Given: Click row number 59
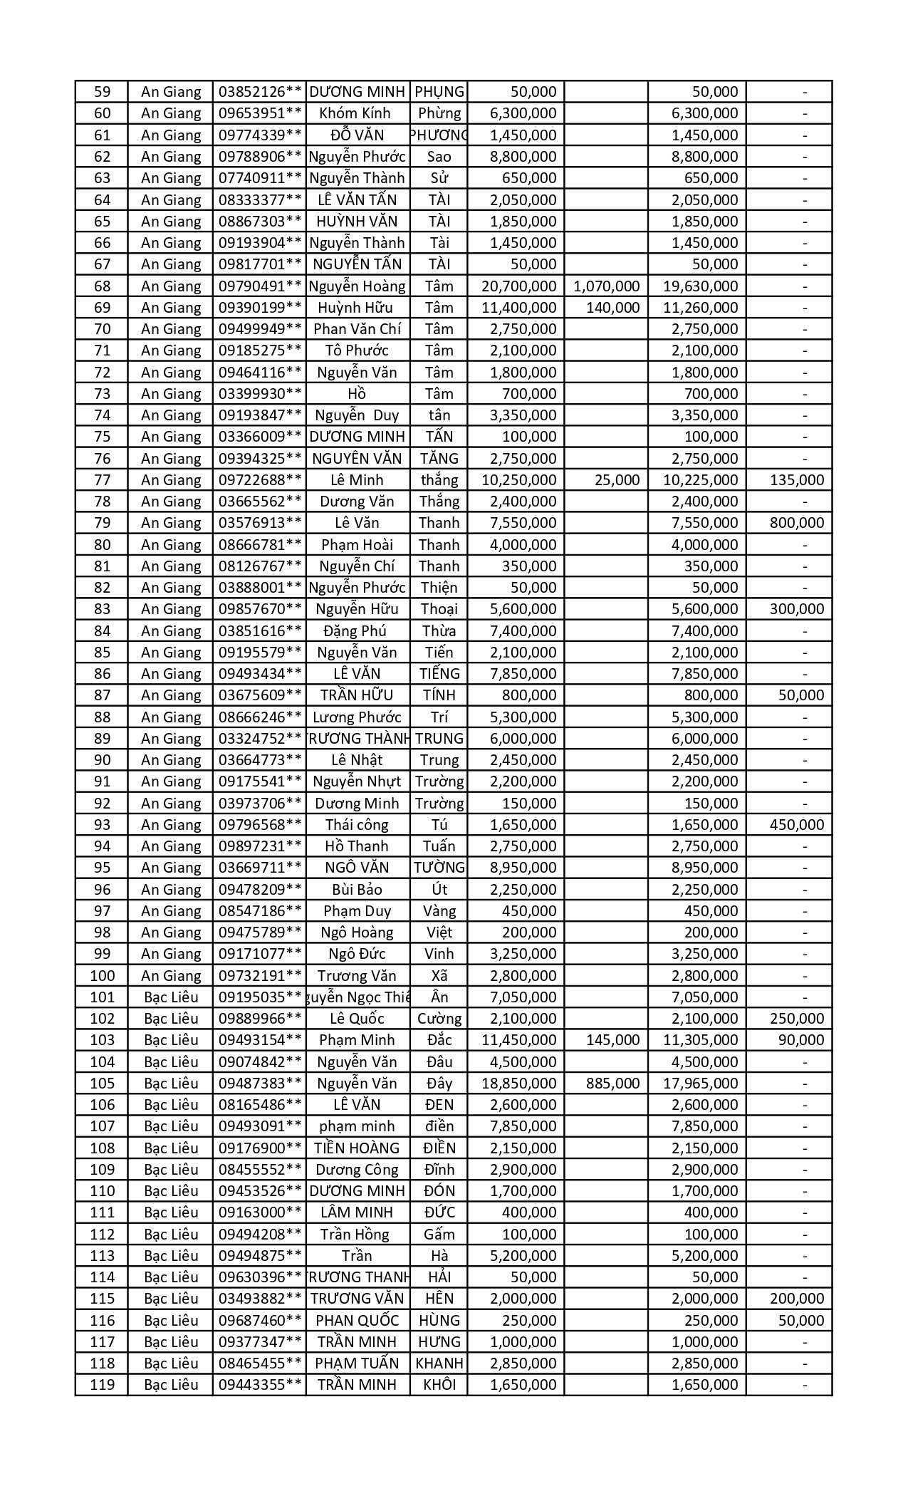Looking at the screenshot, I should pyautogui.click(x=102, y=92).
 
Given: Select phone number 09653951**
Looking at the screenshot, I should pyautogui.click(x=260, y=113).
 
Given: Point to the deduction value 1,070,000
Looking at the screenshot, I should pyautogui.click(x=606, y=286).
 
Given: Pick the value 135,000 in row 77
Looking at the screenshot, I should pyautogui.click(x=797, y=480).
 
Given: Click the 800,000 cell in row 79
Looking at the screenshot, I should pyautogui.click(x=797, y=523).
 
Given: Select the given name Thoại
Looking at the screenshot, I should pyautogui.click(x=439, y=609).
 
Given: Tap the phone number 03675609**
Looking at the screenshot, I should pyautogui.click(x=260, y=695).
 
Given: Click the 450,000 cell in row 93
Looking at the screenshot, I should pyautogui.click(x=797, y=825).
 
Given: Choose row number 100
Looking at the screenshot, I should pyautogui.click(x=102, y=976).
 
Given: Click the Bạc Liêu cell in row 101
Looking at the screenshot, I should pyautogui.click(x=171, y=997).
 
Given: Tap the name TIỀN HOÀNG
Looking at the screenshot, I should pyautogui.click(x=357, y=1148).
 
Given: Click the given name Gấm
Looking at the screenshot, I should pyautogui.click(x=439, y=1235).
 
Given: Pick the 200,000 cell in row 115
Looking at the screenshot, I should pyautogui.click(x=797, y=1299).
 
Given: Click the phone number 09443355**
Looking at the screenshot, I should pyautogui.click(x=260, y=1385).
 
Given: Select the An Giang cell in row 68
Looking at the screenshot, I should pyautogui.click(x=171, y=286).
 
